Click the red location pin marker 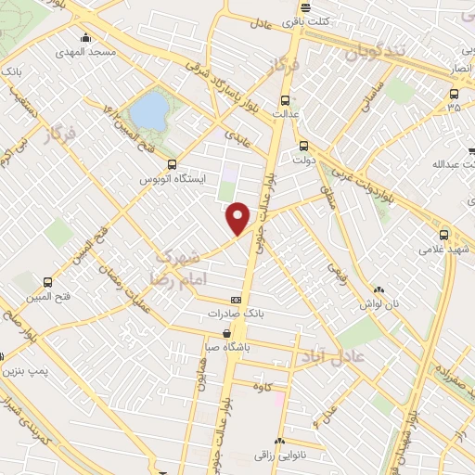coord(239,217)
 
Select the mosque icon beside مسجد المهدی coord(85,38)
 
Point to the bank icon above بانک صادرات coord(237,300)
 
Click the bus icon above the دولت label coord(303,146)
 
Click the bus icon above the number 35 coord(454,93)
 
